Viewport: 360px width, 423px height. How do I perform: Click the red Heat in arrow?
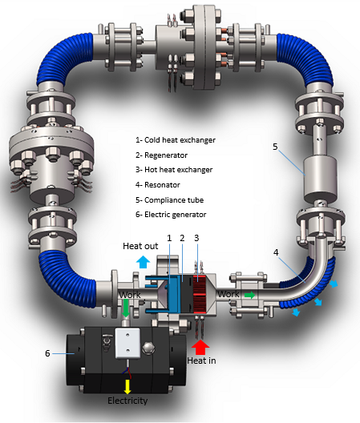(200, 348)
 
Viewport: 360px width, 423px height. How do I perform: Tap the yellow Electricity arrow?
(127, 388)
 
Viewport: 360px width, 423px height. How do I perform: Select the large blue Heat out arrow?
(143, 262)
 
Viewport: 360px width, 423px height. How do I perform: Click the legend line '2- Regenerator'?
(161, 155)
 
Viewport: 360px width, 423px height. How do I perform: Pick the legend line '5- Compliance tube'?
(170, 200)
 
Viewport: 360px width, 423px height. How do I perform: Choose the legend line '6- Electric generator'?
(171, 215)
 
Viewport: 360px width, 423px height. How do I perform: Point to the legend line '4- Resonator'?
(158, 185)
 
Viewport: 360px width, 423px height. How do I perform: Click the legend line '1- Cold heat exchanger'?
(176, 140)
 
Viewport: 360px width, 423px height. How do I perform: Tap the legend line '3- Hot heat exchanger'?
(174, 170)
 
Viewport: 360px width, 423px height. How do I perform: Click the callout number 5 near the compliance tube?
(275, 147)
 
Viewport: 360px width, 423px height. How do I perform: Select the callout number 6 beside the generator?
(47, 353)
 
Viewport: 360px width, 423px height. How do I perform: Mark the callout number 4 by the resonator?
(276, 252)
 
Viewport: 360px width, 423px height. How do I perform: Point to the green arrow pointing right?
(250, 295)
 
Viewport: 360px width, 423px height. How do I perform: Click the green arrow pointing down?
(126, 308)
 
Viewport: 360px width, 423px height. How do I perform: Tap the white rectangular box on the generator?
(127, 343)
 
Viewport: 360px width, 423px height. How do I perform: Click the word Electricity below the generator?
(127, 401)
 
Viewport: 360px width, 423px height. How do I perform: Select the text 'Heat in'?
(201, 361)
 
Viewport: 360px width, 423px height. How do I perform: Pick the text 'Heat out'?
(140, 246)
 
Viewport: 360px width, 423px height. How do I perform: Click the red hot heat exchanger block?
(200, 294)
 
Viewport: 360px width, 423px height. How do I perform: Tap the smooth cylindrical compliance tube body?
(320, 179)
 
